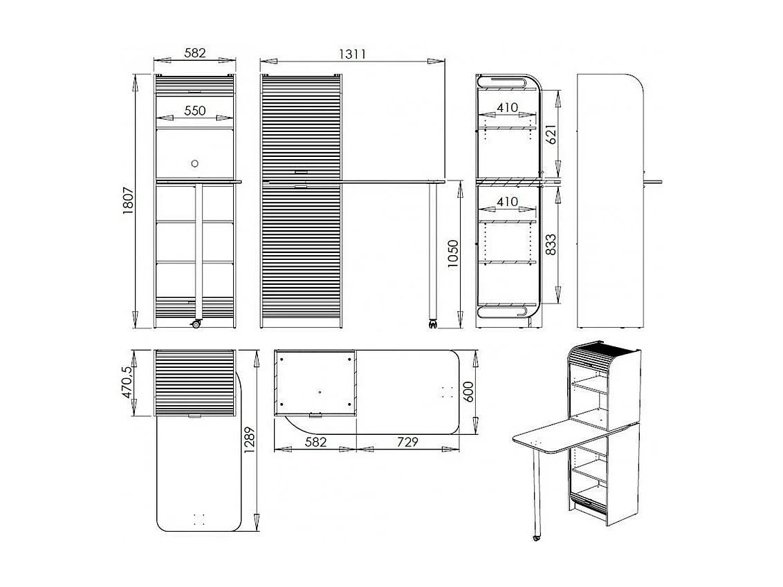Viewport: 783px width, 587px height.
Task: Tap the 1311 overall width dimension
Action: tap(352, 53)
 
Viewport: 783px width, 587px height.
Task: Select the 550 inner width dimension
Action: tap(194, 110)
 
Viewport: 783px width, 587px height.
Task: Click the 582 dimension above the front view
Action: tap(195, 53)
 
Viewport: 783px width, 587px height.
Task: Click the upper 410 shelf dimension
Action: tap(507, 108)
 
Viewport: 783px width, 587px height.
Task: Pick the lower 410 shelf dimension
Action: tap(507, 202)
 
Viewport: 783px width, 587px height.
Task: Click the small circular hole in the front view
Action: tap(194, 163)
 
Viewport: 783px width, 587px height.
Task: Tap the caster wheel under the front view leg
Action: tap(196, 324)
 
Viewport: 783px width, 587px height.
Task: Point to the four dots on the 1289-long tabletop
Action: tap(201, 518)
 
